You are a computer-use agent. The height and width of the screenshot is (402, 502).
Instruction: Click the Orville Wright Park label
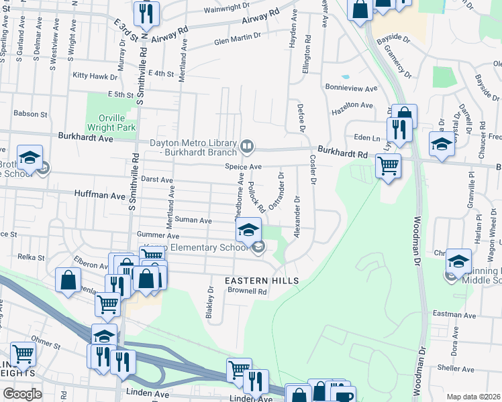(111, 121)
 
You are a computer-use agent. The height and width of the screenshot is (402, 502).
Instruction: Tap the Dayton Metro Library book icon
(248, 145)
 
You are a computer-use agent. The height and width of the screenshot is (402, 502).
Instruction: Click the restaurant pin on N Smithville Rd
(146, 13)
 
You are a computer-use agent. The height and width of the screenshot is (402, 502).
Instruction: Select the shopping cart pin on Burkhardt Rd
(388, 164)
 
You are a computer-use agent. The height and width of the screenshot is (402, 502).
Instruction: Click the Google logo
(22, 394)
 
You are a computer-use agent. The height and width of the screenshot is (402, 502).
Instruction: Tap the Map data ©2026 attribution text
(474, 397)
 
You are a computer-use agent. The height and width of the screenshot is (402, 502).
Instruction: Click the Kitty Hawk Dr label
(95, 76)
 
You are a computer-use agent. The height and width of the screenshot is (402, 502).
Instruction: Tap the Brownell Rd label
(248, 291)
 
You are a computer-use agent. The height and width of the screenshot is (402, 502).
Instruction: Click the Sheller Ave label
(455, 367)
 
